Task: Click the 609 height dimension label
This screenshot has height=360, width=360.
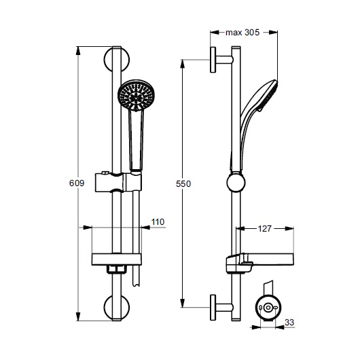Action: [x=77, y=183]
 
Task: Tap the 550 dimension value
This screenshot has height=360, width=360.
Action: [x=183, y=184]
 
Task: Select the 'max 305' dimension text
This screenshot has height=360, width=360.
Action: [x=242, y=33]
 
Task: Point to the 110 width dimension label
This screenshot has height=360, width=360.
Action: [x=158, y=222]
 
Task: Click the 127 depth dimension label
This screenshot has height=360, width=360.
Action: [x=264, y=229]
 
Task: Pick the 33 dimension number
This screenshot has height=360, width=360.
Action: [x=289, y=323]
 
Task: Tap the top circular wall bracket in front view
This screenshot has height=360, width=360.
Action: [x=116, y=59]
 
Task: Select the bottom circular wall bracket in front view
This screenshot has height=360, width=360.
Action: [x=116, y=307]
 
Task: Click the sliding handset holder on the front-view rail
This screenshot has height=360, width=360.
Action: [x=118, y=183]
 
